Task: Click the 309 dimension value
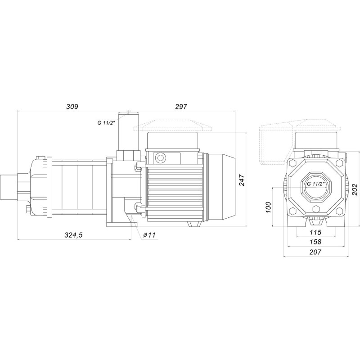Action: [x=72, y=107]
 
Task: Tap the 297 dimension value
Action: [x=181, y=107]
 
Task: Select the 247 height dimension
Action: [x=242, y=180]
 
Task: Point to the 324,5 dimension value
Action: [x=73, y=235]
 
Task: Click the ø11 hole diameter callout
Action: [x=149, y=235]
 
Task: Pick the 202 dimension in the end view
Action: [x=355, y=189]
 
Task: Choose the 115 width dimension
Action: [x=315, y=232]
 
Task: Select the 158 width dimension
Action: [x=315, y=242]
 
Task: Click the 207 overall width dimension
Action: [x=315, y=252]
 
